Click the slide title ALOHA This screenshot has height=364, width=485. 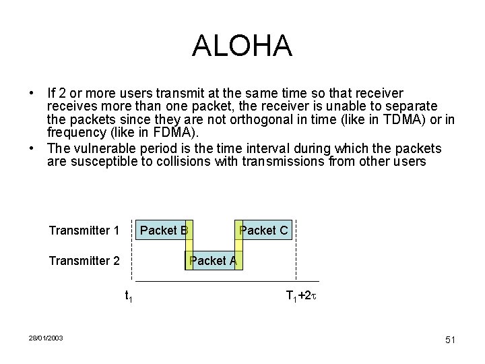(242, 46)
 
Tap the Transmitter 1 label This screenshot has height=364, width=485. (84, 231)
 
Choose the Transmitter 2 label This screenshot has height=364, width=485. (84, 260)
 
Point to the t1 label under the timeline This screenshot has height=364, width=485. (129, 296)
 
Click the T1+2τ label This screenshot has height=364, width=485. (301, 296)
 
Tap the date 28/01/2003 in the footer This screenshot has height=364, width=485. (46, 338)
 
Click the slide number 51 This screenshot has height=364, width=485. (450, 340)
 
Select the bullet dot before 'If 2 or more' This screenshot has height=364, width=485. (32, 93)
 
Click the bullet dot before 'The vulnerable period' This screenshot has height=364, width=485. (32, 148)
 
